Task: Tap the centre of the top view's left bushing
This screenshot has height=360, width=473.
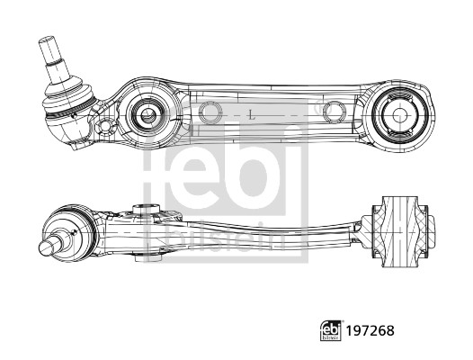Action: tap(145, 114)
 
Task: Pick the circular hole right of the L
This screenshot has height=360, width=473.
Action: tap(334, 112)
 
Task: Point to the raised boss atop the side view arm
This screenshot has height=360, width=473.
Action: tap(147, 211)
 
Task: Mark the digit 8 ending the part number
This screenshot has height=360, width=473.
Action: tap(389, 331)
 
